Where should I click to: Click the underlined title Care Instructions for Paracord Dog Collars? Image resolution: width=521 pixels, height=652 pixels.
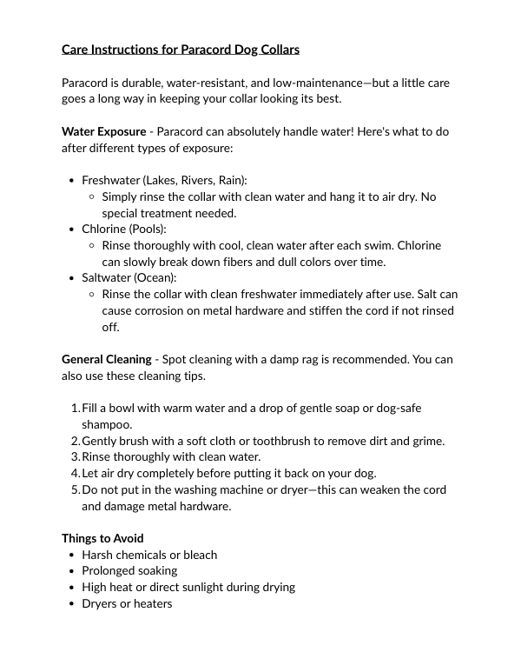181,50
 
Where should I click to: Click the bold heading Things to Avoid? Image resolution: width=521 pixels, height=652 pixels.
102,538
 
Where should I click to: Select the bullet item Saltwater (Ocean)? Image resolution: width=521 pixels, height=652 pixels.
129,278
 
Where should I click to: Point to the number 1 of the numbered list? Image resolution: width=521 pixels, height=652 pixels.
73,408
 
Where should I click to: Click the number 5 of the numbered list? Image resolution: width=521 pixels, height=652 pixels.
73,489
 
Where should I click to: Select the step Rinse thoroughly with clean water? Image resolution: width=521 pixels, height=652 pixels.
171,456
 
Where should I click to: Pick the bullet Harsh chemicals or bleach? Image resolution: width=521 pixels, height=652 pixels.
149,555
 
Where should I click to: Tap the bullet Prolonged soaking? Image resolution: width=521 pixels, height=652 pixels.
129,571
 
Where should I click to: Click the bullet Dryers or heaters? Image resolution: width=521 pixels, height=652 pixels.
127,603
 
